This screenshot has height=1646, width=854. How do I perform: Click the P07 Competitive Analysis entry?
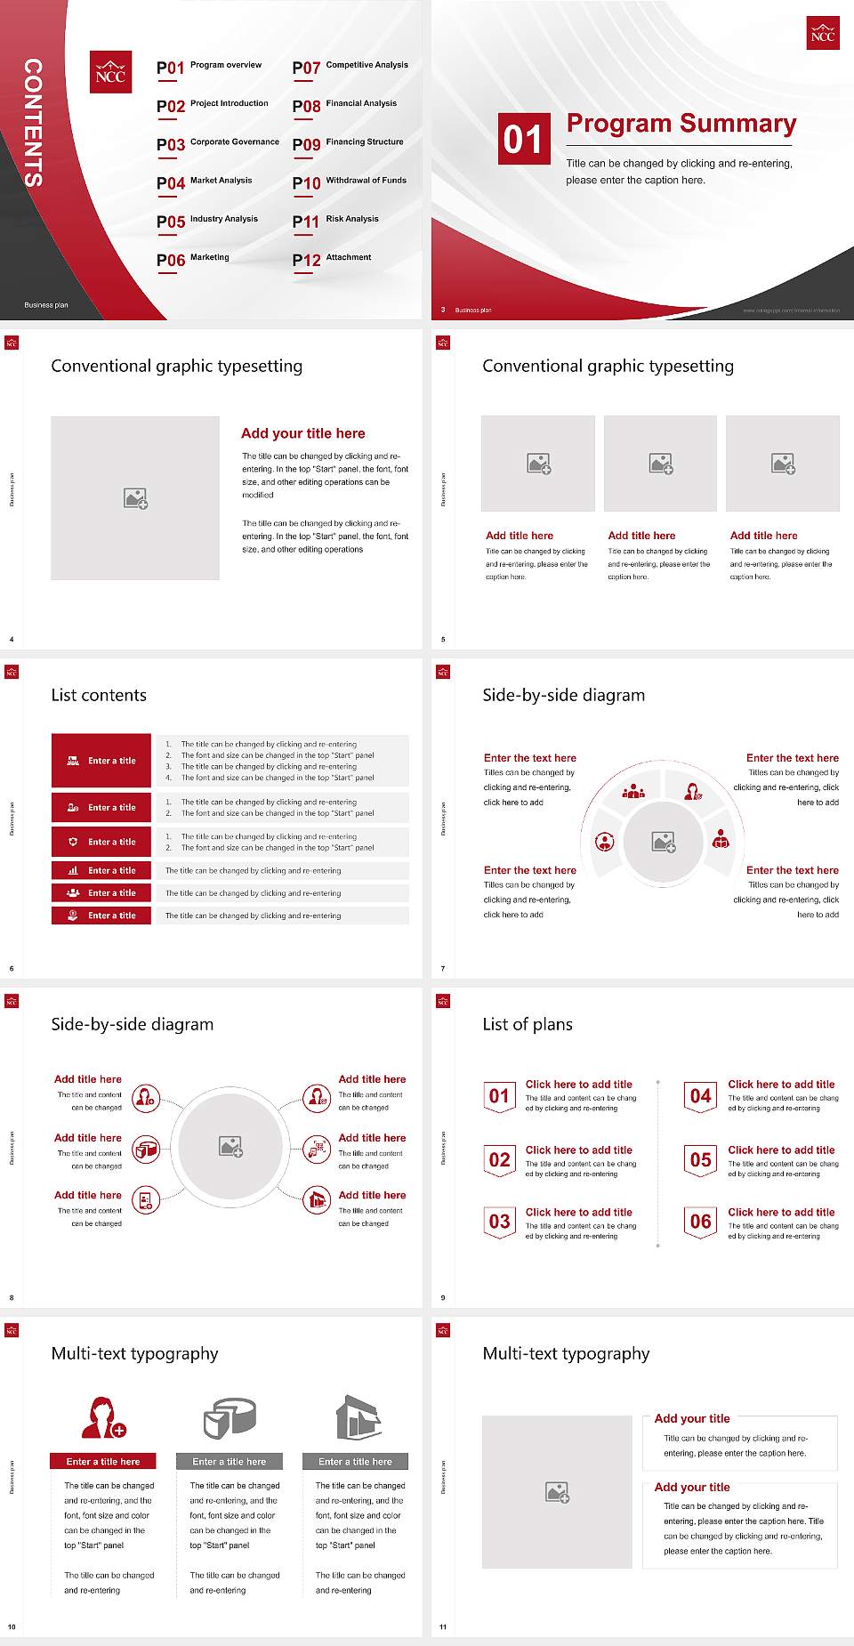coord(350,67)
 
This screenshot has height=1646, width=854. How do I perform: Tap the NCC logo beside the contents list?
coord(110,73)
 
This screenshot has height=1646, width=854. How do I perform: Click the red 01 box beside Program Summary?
coord(524,139)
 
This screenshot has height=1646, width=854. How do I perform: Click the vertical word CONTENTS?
coord(33,123)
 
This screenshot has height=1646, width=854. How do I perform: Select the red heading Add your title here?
coord(302,433)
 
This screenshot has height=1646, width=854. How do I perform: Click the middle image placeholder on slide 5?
coord(660,464)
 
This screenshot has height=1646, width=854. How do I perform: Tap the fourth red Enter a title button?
coord(101,870)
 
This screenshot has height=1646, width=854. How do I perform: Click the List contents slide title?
coord(99,695)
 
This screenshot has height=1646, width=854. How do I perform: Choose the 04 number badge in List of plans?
coord(701,1096)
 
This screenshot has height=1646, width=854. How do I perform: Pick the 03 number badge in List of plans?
coord(500,1222)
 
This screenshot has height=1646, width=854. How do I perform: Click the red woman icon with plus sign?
coord(103,1417)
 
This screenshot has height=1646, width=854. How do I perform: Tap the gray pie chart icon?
coord(230,1417)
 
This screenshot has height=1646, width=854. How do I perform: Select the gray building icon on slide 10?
coord(358,1417)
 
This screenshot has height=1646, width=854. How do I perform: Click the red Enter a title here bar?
coord(103,1461)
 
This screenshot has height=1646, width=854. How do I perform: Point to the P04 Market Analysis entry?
coord(205,182)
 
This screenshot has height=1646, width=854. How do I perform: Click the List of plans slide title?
coord(528,1024)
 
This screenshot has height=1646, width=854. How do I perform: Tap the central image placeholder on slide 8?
coord(231,1147)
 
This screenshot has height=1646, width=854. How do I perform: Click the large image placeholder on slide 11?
coord(557,1492)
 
